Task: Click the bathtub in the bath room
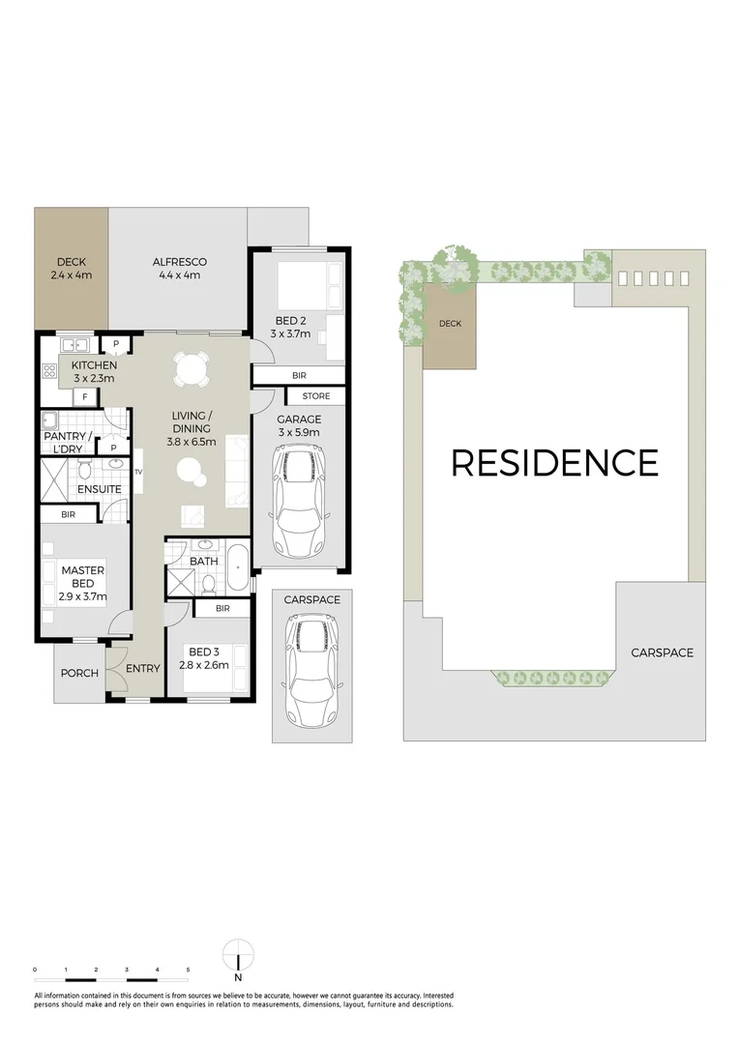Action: [238, 568]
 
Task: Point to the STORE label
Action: [315, 396]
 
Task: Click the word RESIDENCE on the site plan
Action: [554, 463]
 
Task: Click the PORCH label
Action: [79, 673]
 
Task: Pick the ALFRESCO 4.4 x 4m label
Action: [180, 268]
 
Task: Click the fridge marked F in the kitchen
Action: [85, 396]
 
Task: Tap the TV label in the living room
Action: [138, 471]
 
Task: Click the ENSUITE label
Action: [100, 489]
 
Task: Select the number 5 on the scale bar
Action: [188, 969]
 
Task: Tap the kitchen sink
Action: [74, 344]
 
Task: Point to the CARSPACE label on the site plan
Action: [662, 652]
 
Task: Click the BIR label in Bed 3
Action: [222, 608]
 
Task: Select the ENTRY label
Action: [143, 669]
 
